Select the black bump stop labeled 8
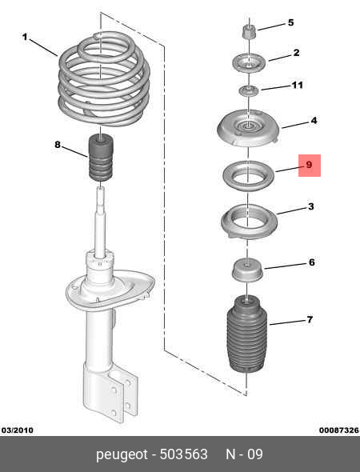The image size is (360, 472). [101, 158]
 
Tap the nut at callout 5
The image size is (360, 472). [250, 31]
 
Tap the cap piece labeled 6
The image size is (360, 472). [247, 274]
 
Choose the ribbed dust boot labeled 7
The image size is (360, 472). [247, 334]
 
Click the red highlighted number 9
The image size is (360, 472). [309, 165]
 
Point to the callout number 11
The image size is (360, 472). [297, 85]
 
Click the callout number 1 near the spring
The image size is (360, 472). [25, 37]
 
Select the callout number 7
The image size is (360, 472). [310, 319]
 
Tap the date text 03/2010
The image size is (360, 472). [18, 430]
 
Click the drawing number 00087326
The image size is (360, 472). [339, 430]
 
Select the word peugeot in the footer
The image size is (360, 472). [122, 454]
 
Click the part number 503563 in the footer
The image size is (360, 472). [184, 454]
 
